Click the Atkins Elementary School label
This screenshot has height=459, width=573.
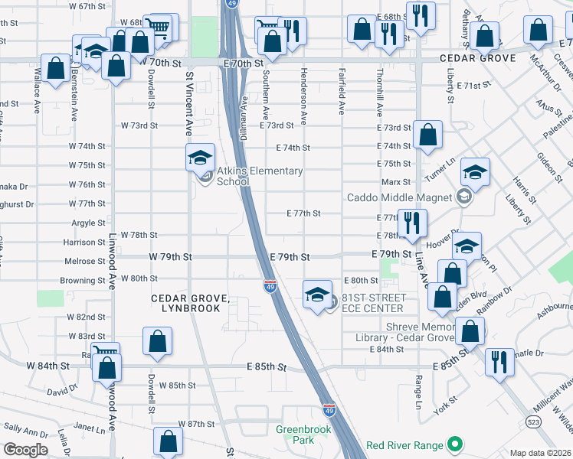click(259, 176)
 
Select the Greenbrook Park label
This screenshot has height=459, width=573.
click(295, 435)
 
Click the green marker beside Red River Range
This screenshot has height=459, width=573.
click(454, 444)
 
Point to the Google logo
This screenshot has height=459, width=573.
click(25, 450)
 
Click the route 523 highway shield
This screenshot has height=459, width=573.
click(531, 422)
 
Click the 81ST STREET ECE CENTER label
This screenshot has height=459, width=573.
click(372, 303)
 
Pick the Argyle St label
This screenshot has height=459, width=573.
click(89, 223)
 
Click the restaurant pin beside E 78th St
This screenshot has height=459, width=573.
click(413, 223)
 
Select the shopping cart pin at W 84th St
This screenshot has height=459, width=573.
click(106, 355)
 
